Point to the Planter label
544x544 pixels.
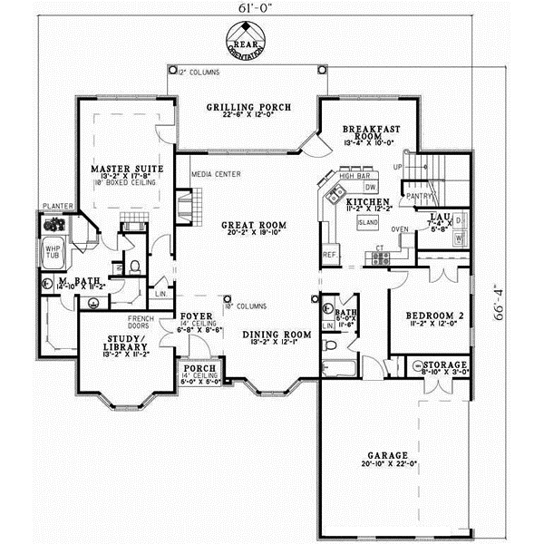tap(53, 207)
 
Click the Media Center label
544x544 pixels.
tap(215, 173)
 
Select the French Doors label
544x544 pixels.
tap(140, 321)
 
